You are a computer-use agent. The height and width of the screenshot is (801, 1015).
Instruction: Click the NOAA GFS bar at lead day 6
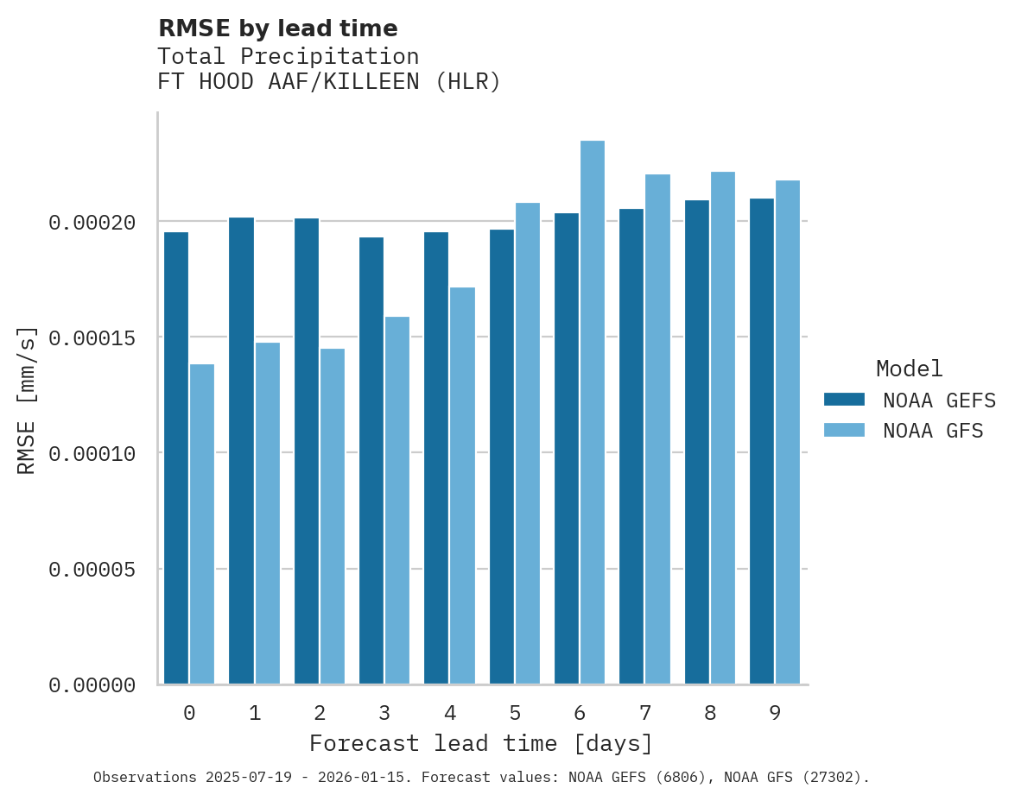click(592, 413)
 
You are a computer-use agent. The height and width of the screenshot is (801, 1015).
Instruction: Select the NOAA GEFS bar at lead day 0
click(176, 458)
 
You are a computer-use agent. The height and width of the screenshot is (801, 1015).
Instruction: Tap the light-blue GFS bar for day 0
click(202, 524)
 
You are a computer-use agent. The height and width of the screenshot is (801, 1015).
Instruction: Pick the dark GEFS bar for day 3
click(371, 461)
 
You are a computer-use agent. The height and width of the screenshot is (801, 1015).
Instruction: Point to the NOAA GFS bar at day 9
click(788, 432)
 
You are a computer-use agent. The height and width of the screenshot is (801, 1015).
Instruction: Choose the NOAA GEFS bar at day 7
click(631, 446)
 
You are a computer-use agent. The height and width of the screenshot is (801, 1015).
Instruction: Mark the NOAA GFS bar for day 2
click(333, 516)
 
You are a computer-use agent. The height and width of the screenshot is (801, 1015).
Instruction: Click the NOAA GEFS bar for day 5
click(502, 457)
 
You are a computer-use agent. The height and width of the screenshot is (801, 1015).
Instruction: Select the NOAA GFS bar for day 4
click(462, 486)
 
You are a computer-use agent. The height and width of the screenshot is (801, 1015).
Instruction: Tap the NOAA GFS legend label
click(933, 430)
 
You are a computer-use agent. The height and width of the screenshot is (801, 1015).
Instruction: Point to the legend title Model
click(909, 369)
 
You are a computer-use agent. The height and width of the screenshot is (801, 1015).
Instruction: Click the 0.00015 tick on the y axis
click(92, 337)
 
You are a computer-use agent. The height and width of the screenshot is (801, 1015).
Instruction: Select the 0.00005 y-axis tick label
click(92, 570)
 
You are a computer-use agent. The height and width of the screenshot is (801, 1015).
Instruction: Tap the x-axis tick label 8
click(710, 713)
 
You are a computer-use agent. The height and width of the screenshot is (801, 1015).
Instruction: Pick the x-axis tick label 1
click(255, 713)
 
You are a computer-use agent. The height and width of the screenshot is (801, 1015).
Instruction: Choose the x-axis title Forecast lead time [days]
click(481, 743)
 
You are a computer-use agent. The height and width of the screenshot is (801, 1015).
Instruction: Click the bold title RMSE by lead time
click(277, 28)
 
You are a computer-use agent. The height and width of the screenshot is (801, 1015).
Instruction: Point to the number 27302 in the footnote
click(837, 778)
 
